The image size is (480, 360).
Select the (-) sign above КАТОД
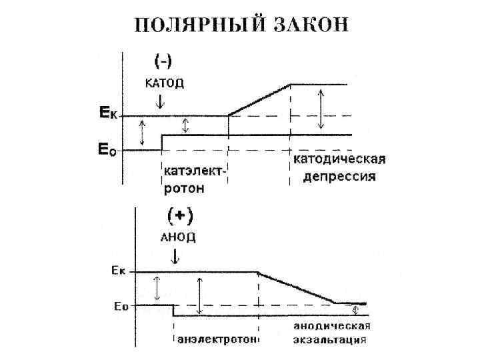click(164, 61)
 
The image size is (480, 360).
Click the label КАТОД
click(164, 84)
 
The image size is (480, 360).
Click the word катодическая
click(340, 160)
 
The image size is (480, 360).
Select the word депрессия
click(340, 177)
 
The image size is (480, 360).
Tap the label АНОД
click(178, 237)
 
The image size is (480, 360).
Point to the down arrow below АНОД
click(174, 256)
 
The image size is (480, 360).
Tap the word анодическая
click(331, 327)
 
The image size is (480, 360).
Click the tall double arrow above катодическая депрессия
click(322, 109)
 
